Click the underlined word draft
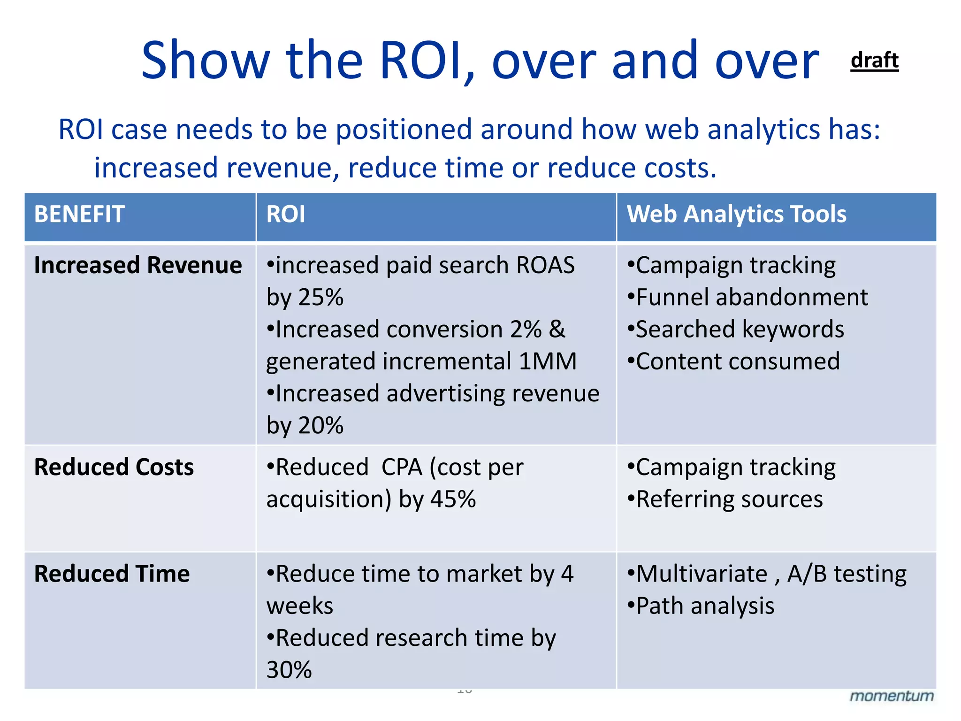click(874, 61)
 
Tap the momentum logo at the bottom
click(891, 696)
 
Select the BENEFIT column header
click(79, 215)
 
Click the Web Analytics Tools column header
click(736, 215)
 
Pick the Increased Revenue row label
click(138, 265)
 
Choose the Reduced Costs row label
click(114, 467)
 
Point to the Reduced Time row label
click(112, 574)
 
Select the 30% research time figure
click(289, 670)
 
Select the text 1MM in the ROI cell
click(548, 361)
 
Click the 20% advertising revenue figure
click(321, 426)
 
